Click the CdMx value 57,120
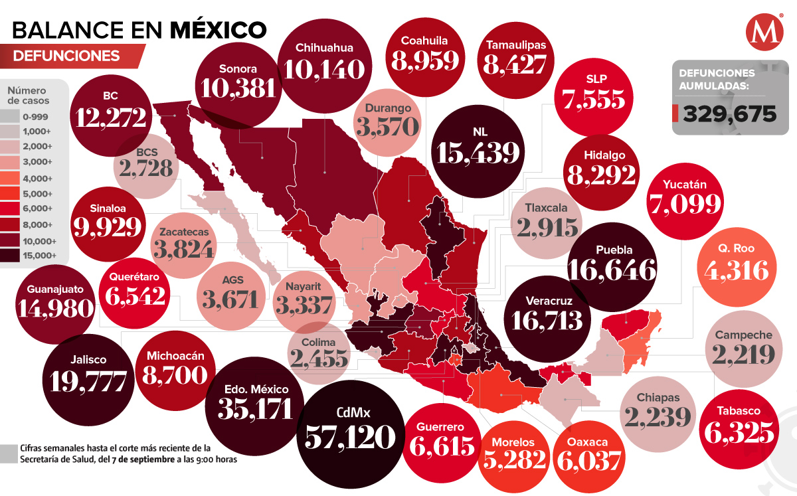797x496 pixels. [x=351, y=438]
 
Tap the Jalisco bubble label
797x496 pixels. [x=87, y=360]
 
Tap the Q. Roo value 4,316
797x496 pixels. [x=735, y=271]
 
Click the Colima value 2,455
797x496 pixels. [x=319, y=359]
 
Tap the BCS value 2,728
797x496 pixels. [x=146, y=169]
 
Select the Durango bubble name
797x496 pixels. [x=388, y=108]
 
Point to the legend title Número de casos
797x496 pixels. [x=33, y=95]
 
